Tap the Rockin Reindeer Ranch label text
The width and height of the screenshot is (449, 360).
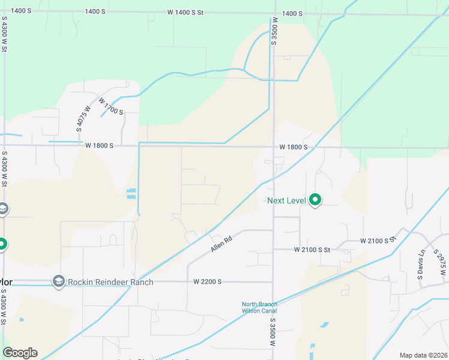[x=110, y=282]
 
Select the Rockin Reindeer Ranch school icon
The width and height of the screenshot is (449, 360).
[x=58, y=281]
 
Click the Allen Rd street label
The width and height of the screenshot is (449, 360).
[x=221, y=243]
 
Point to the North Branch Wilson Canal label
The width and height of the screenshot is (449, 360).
[x=259, y=307]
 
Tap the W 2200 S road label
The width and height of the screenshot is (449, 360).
[x=208, y=281]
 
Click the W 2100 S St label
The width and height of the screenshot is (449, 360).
[x=312, y=250]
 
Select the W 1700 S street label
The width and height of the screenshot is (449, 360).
[x=111, y=107]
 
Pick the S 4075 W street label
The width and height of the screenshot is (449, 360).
[x=83, y=119]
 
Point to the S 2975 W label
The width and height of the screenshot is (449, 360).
[x=442, y=260]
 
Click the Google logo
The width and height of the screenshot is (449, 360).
[x=20, y=353]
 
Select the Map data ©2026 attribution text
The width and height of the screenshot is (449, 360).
[x=423, y=355]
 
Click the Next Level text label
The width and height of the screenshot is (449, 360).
[x=287, y=200]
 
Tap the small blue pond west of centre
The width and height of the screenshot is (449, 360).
[x=131, y=194]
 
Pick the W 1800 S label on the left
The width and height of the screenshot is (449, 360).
[x=99, y=146]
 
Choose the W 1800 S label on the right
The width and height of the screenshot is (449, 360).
[x=293, y=147]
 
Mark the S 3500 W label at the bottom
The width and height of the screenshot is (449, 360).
[x=271, y=332]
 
